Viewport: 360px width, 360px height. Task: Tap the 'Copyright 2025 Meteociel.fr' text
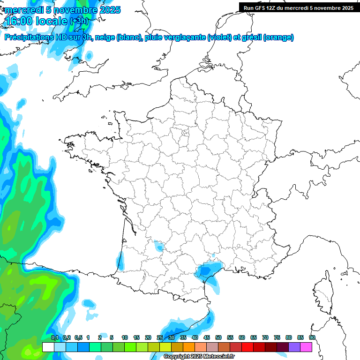[199, 357]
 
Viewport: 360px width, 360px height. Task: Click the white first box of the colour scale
[48, 347]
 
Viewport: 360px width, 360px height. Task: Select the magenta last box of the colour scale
[306, 347]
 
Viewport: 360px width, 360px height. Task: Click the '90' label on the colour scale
[312, 338]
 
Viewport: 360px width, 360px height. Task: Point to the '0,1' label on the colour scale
[54, 338]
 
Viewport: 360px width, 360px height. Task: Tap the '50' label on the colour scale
[218, 338]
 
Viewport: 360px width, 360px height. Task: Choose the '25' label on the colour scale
[160, 338]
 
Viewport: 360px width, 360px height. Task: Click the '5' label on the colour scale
[112, 338]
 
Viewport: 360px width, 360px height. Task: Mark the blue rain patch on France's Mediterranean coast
[206, 271]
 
